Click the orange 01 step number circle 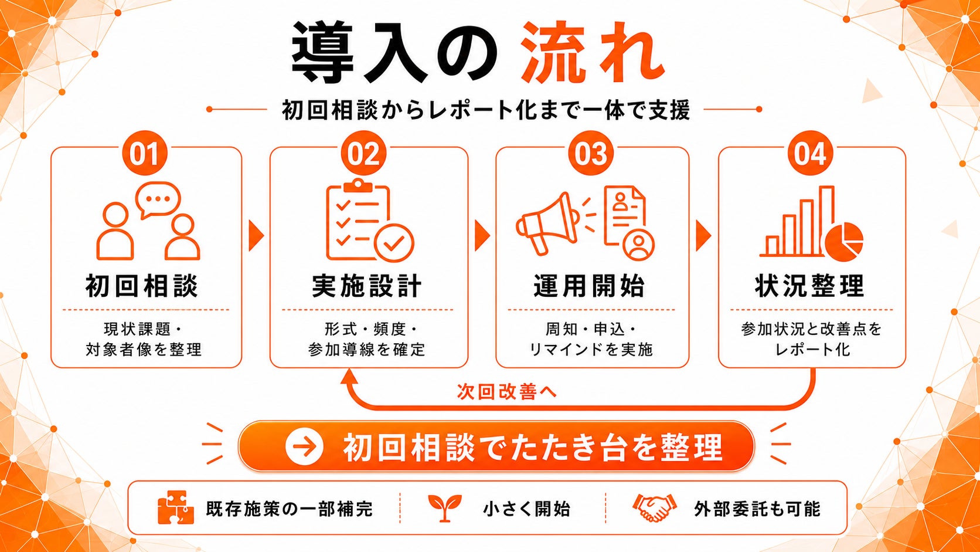[x=145, y=153]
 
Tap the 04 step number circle [x=810, y=153]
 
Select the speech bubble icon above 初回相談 [x=158, y=199]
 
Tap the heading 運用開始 [x=589, y=286]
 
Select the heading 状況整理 [x=810, y=286]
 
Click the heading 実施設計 [x=367, y=286]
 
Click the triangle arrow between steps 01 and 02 [x=256, y=236]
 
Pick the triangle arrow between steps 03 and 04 [x=703, y=236]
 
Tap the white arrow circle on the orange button [x=304, y=446]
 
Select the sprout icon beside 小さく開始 [x=444, y=508]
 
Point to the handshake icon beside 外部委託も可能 [x=655, y=508]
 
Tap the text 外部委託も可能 [x=757, y=509]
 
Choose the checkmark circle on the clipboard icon [x=394, y=243]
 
